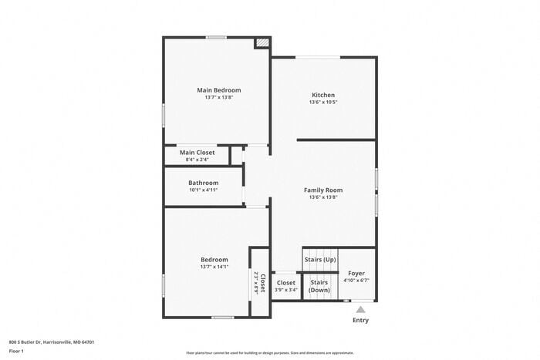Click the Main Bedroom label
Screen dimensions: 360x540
click(x=218, y=90)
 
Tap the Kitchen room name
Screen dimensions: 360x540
click(x=322, y=96)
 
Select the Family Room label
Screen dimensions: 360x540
click(x=322, y=190)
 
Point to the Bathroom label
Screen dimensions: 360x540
click(x=204, y=183)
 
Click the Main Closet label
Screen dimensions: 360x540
click(x=197, y=153)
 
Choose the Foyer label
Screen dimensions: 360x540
click(x=356, y=274)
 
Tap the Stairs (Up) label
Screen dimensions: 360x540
click(x=319, y=260)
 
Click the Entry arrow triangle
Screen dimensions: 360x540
click(x=360, y=309)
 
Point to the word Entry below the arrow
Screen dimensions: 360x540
click(x=360, y=320)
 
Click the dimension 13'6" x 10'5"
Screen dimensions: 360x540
click(x=322, y=103)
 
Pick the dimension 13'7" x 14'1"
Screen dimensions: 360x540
click(x=214, y=267)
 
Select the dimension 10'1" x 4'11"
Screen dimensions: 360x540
click(x=204, y=190)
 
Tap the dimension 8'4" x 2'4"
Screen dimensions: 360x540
click(x=197, y=160)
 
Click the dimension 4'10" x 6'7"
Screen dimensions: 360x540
click(x=356, y=281)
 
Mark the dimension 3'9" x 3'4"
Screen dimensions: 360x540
click(x=286, y=290)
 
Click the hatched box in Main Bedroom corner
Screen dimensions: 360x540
click(x=262, y=43)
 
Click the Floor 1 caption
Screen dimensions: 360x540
click(x=17, y=351)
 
